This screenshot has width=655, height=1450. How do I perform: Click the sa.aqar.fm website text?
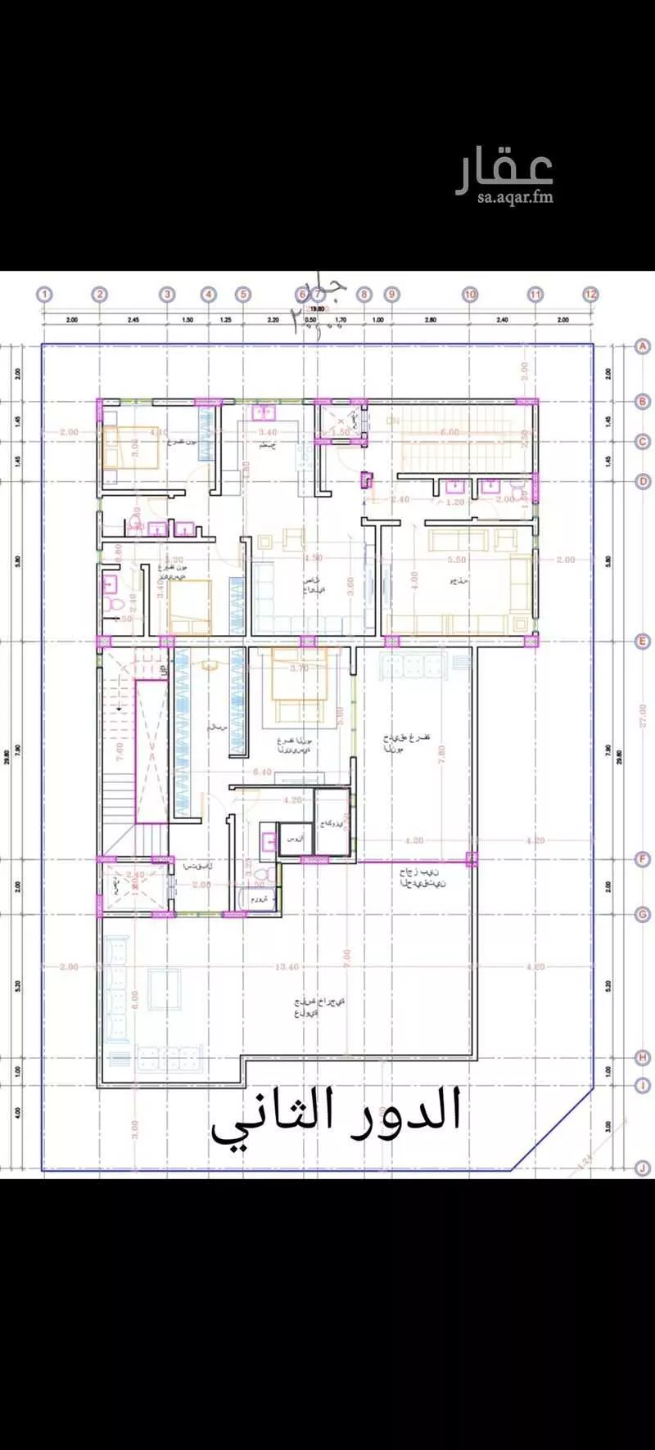516,197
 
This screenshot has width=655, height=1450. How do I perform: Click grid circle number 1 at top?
44,294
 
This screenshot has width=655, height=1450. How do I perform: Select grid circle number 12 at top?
590,294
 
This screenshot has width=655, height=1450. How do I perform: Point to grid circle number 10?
470,294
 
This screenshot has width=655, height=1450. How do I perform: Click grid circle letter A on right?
644,347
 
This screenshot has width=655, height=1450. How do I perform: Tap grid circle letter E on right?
644,642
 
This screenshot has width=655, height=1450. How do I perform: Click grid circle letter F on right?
644,859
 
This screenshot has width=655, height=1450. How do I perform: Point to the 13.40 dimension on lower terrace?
287,966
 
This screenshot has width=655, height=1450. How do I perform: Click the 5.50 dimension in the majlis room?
457,560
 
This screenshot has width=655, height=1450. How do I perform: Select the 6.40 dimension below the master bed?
262,772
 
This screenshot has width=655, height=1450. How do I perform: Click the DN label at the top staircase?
393,420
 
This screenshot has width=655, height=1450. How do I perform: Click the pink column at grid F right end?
472,858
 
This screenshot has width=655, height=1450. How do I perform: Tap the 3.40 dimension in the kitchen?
267,431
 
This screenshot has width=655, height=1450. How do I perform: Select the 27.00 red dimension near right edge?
643,716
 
